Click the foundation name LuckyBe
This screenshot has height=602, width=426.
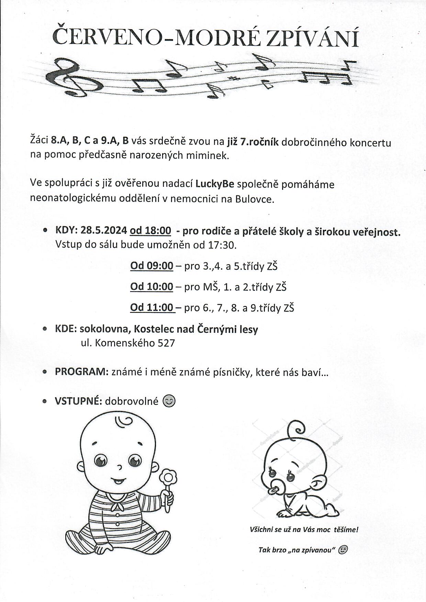pos(215,184)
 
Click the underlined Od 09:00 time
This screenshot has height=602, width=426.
pos(152,266)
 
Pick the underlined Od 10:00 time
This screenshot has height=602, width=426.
pos(152,286)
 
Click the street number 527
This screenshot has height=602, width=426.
pos(166,343)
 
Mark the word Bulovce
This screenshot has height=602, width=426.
pos(255,199)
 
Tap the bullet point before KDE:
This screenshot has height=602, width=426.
pos(45,329)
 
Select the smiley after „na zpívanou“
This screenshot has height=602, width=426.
pos(343,550)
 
